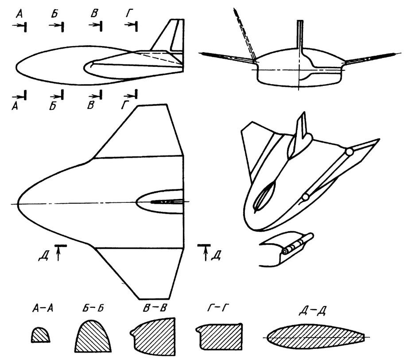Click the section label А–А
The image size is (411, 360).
pyautogui.click(x=43, y=308)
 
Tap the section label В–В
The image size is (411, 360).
pyautogui.click(x=155, y=308)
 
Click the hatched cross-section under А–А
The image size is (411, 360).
pyautogui.click(x=41, y=335)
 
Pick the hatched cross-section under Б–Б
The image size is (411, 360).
pyautogui.click(x=93, y=337)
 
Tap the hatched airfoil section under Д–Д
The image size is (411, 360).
pyautogui.click(x=316, y=337)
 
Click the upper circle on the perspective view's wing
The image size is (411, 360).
pyautogui.click(x=349, y=152)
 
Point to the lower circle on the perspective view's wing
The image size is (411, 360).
pyautogui.click(x=305, y=197)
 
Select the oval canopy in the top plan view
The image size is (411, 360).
pyautogui.click(x=159, y=202)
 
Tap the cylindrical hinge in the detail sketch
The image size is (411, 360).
pyautogui.click(x=297, y=244)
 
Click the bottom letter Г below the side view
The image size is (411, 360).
pyautogui.click(x=125, y=105)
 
